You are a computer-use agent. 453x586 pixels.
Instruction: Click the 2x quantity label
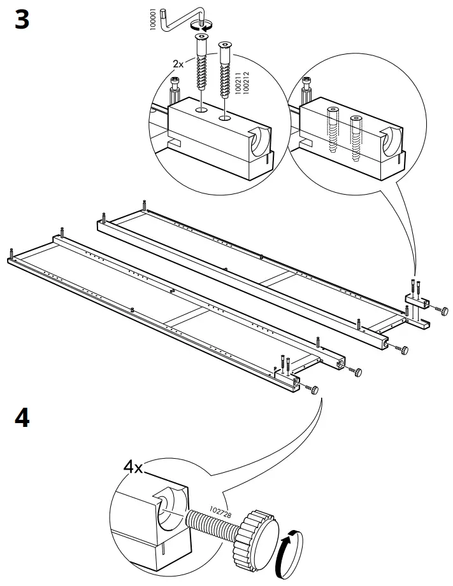click(179, 64)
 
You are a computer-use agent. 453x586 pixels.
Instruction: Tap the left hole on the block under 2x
click(201, 109)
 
